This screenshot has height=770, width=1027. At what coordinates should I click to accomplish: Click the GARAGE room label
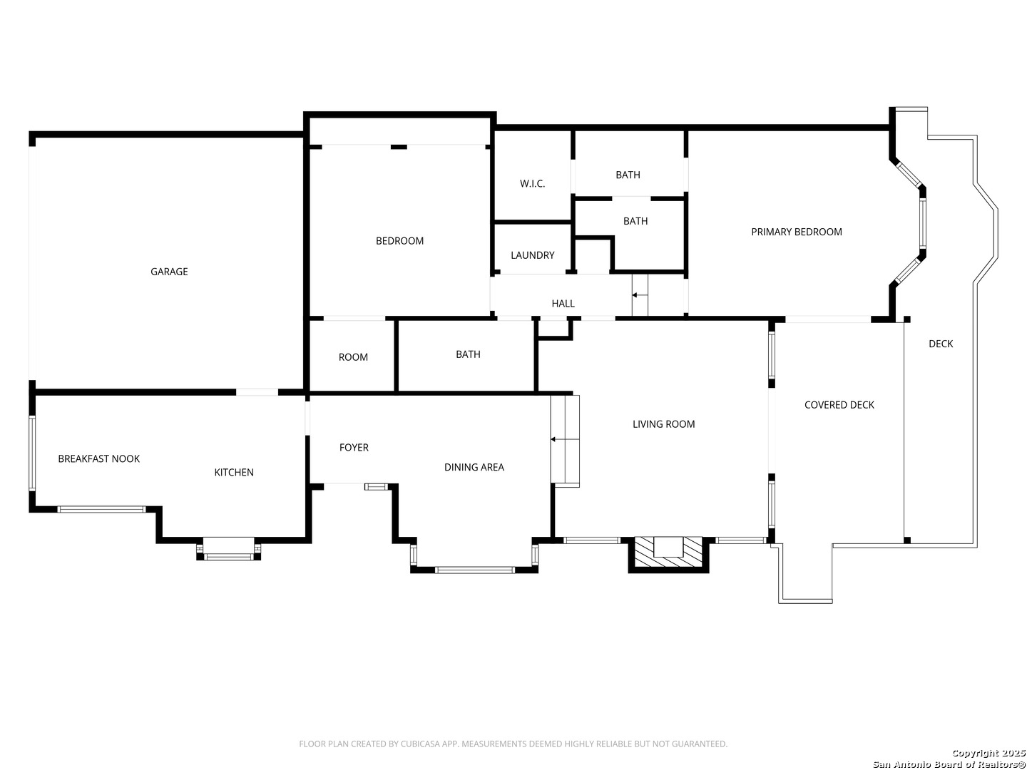[169, 272]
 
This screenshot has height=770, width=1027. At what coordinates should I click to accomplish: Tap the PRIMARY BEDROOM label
[797, 232]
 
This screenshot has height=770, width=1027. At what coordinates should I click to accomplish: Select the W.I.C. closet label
[533, 184]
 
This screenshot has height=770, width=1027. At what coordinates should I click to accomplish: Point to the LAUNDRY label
[533, 255]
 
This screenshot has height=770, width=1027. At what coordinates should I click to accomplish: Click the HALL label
[563, 304]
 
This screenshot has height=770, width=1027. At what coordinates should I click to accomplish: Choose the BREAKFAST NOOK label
[98, 459]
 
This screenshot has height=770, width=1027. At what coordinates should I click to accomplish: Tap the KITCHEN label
[234, 473]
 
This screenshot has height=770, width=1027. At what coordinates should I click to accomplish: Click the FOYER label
[354, 448]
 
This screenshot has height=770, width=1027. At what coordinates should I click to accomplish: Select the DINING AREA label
[474, 468]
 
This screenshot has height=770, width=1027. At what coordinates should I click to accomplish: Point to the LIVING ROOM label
[663, 424]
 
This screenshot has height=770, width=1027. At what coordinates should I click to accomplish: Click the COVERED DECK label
[839, 406]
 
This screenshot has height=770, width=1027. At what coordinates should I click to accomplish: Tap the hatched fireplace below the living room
[668, 553]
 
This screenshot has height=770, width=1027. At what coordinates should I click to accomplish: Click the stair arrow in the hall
[640, 295]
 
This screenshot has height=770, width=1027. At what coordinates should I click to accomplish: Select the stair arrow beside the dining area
[565, 439]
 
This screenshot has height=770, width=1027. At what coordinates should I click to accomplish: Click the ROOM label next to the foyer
[353, 358]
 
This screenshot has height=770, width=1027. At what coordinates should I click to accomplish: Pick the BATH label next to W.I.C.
[628, 175]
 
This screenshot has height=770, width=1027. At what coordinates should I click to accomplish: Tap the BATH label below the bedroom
[468, 355]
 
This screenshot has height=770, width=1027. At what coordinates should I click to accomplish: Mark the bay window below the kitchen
[228, 549]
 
